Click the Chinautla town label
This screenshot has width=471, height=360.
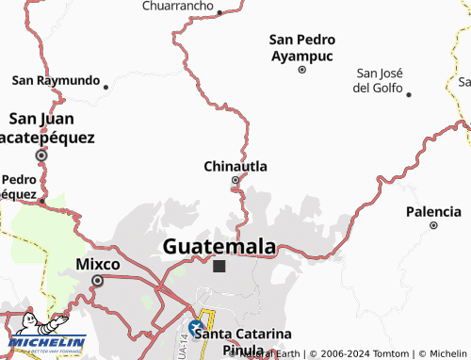pyautogui.click(x=235, y=167)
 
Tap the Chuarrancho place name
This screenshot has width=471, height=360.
pyautogui.click(x=177, y=6)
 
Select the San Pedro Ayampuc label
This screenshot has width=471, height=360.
pyautogui.click(x=302, y=47)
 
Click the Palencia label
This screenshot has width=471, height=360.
pyautogui.click(x=433, y=211)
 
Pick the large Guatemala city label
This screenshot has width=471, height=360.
pyautogui.click(x=219, y=246)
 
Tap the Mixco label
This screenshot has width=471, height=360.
pyautogui.click(x=97, y=265)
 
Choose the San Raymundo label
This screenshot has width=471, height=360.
pyautogui.click(x=56, y=81)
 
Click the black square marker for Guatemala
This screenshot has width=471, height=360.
pyautogui.click(x=219, y=267)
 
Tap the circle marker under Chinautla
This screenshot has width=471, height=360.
pyautogui.click(x=235, y=182)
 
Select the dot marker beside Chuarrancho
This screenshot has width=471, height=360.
pyautogui.click(x=219, y=13)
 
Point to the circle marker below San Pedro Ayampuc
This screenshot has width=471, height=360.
pyautogui.click(x=302, y=69)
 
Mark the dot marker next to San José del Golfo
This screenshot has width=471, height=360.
pyautogui.click(x=409, y=93)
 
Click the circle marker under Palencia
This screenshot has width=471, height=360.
pyautogui.click(x=433, y=225)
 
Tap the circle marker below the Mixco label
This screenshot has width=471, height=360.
pyautogui.click(x=97, y=280)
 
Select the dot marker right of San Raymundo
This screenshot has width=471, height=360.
pyautogui.click(x=106, y=87)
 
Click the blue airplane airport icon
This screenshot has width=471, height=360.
pyautogui.click(x=196, y=328)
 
